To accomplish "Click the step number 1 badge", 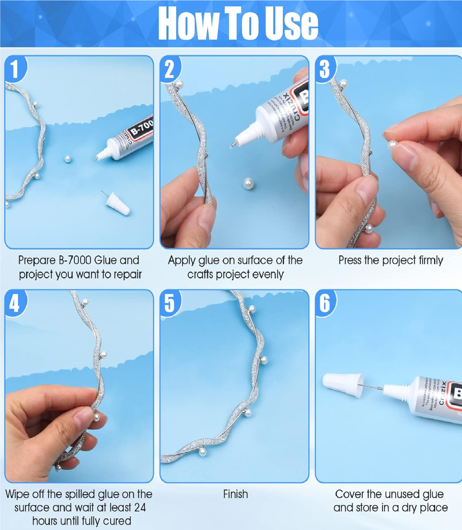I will pos(14,69).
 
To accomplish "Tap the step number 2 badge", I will pos(169,69).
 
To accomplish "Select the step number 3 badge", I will pos(325,69).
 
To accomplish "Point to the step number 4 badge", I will pos(14,303).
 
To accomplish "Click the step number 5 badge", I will pos(169,303).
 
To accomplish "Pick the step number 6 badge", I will pos(325,303).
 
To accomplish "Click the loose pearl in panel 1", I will pos(68,159).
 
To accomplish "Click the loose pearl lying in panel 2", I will pos(249,183).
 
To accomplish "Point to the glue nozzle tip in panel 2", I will pos(234,144).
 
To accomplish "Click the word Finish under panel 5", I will pos(235,494).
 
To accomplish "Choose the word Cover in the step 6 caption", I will pos(350,494).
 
